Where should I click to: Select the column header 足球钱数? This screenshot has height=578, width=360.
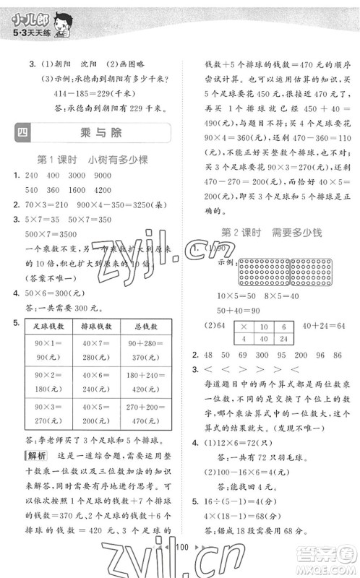pos(48,327)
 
